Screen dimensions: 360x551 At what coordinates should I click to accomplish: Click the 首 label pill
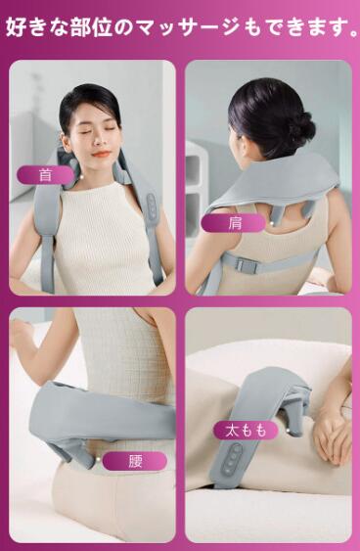46,174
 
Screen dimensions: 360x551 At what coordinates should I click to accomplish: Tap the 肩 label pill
233,223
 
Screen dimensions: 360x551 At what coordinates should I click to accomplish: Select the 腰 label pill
135,461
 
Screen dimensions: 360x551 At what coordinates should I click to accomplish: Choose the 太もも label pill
246,430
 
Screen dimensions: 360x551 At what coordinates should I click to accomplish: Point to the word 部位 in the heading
92,27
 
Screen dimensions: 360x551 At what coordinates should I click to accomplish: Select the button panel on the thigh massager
233,460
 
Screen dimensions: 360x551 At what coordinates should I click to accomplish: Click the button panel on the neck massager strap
152,207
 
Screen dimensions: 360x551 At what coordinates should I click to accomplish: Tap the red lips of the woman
102,154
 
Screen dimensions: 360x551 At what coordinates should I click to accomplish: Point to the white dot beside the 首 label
81,177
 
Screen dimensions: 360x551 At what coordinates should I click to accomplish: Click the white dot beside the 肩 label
271,223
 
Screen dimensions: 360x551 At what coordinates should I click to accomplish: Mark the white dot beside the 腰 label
97,459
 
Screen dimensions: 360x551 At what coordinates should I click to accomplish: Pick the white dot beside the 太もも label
288,430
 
